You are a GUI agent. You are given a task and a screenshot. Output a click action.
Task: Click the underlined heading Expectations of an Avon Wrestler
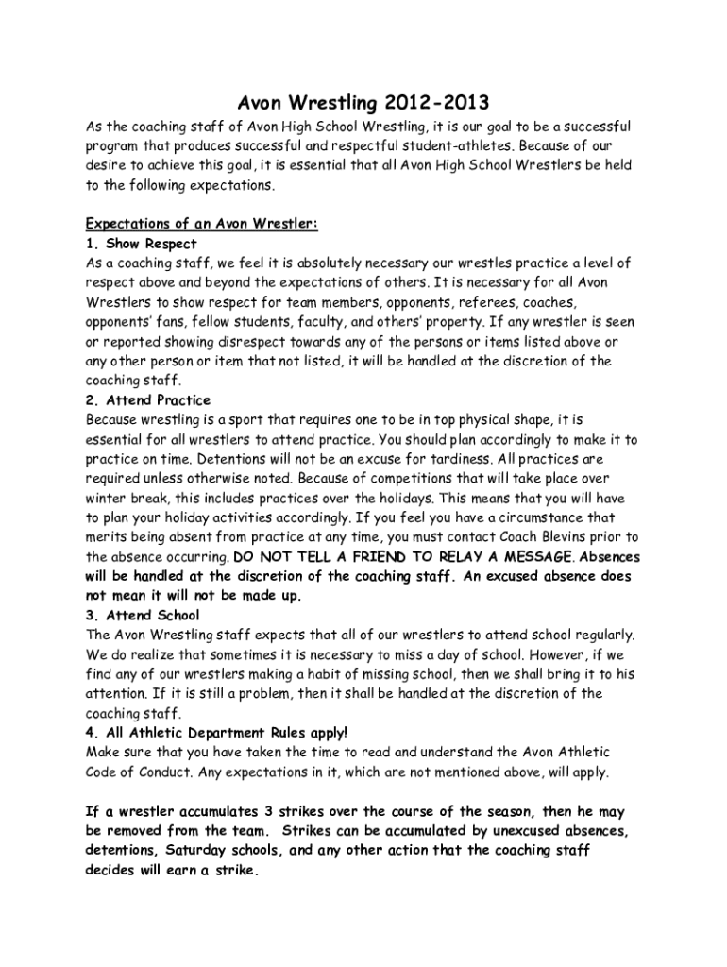202,224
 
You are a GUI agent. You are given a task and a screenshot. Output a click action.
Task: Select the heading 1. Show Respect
141,244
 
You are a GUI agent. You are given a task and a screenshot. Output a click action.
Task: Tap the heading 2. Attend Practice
148,400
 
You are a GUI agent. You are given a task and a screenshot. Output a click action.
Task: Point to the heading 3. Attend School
142,616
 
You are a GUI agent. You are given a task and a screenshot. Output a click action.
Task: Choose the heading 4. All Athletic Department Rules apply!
216,733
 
